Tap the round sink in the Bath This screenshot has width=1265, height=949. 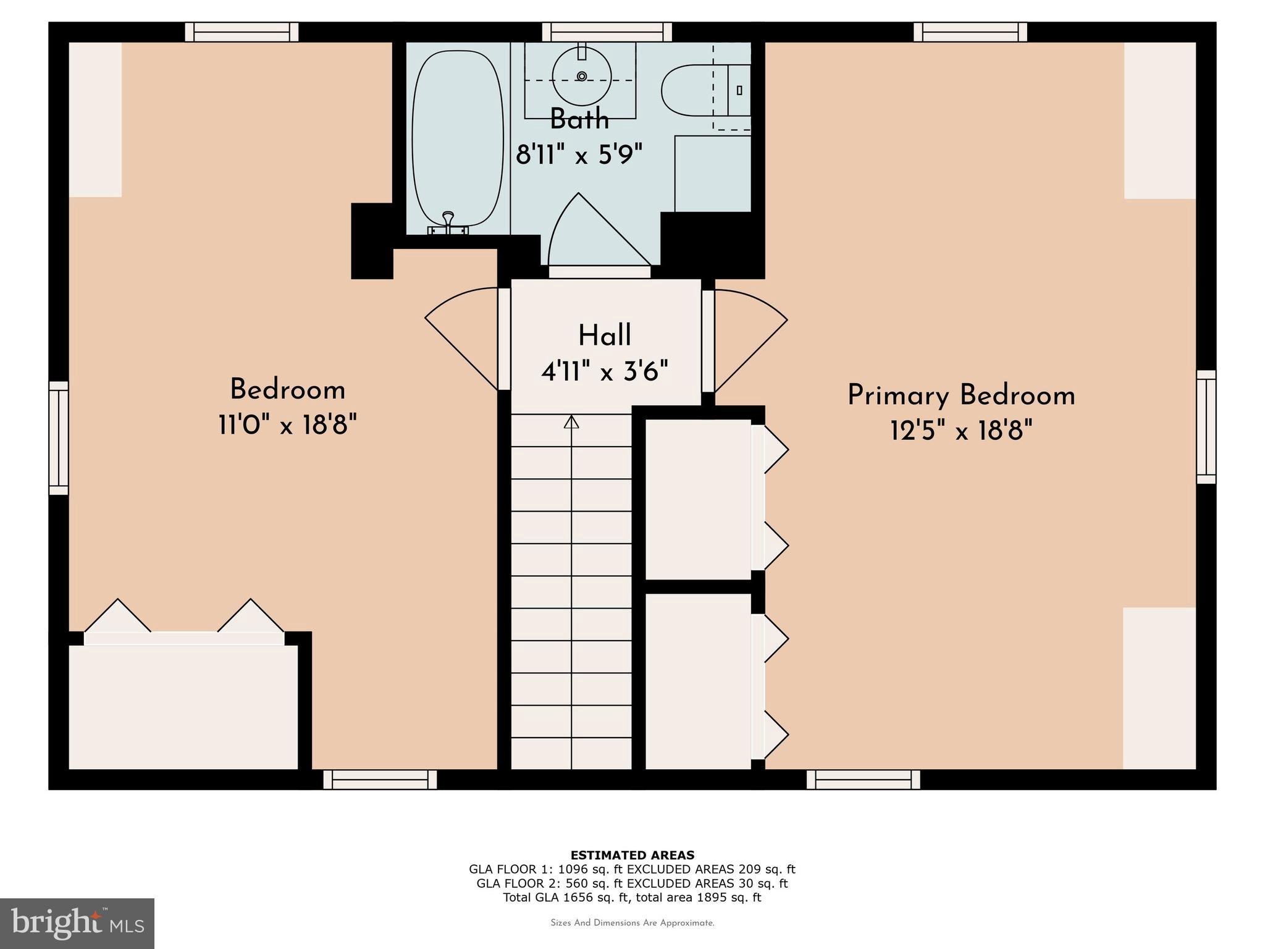[x=581, y=76]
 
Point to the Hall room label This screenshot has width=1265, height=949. [x=604, y=336]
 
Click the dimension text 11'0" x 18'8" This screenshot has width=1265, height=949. [x=287, y=425]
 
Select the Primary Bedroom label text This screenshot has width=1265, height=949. [x=960, y=395]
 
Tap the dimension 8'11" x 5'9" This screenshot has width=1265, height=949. [x=579, y=154]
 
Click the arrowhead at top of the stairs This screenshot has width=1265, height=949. [x=571, y=422]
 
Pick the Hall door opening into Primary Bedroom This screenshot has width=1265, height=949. [x=747, y=340]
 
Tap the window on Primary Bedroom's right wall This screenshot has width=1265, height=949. [x=1206, y=427]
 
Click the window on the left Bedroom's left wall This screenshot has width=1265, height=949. [x=59, y=438]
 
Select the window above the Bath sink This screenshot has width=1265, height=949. [x=607, y=32]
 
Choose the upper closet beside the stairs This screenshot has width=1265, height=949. [x=698, y=499]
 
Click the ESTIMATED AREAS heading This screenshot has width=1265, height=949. [x=632, y=855]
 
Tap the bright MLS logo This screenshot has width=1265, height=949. [x=77, y=924]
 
